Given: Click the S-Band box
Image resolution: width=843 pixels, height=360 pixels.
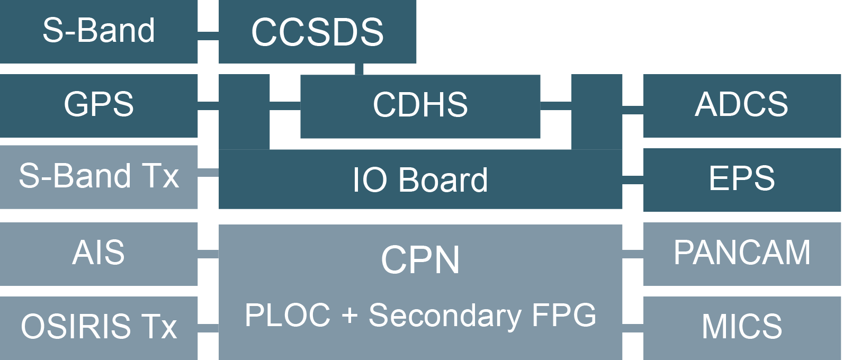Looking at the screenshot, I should point(98,31).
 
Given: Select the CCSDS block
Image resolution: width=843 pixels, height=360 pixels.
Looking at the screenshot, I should point(317,32).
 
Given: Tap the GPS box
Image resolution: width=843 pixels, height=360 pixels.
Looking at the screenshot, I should point(98,105).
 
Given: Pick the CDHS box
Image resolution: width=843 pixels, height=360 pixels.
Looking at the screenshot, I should point(420,105).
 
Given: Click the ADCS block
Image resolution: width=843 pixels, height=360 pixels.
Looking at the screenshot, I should point(741,105).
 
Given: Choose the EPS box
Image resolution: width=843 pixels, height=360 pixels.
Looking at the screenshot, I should point(741,179).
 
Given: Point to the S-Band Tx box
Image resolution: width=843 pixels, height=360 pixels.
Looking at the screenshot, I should point(98,176).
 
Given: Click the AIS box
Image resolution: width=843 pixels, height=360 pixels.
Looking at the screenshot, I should point(98,253).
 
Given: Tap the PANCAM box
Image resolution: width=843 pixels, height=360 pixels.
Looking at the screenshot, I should point(741,253).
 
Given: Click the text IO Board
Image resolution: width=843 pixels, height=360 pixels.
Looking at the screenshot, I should point(420,180).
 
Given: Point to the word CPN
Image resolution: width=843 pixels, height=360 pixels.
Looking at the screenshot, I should point(420,260).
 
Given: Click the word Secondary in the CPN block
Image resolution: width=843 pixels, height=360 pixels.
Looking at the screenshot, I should point(445,316).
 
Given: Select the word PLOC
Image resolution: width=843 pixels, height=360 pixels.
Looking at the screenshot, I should point(288,316).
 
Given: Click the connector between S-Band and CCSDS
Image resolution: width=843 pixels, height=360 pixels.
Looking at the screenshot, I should point(208,35).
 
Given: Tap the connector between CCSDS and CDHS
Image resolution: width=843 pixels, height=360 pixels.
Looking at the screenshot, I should point(359,69).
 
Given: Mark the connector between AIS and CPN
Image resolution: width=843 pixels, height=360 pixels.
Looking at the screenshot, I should point(208,254).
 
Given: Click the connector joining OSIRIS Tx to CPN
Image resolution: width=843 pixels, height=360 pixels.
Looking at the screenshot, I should point(208,328).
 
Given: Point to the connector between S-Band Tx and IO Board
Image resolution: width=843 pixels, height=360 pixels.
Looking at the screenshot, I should point(208,173).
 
